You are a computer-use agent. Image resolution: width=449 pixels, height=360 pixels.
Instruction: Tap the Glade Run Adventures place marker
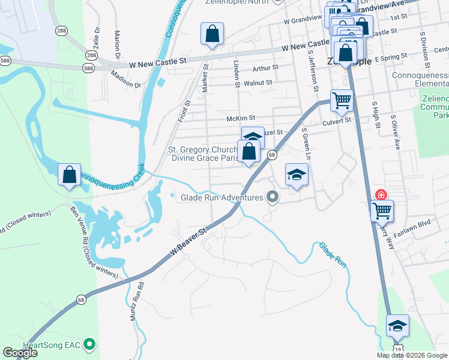273,197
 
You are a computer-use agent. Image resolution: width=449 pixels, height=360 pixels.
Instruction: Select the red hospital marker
381,195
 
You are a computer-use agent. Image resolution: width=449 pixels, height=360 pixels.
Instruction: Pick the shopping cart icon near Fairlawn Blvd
382,211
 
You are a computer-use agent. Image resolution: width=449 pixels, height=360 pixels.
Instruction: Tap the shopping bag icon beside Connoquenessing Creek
70,175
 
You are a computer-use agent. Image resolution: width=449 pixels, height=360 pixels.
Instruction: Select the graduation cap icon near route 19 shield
397,326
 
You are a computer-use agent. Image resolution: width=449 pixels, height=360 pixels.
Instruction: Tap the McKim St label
241,118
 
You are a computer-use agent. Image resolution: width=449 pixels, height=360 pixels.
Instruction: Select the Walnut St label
258,82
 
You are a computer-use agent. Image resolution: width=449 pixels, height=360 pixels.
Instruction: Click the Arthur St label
265,68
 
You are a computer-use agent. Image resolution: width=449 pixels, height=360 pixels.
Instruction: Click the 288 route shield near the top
61,29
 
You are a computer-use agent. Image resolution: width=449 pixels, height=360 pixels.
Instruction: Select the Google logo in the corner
20,353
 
